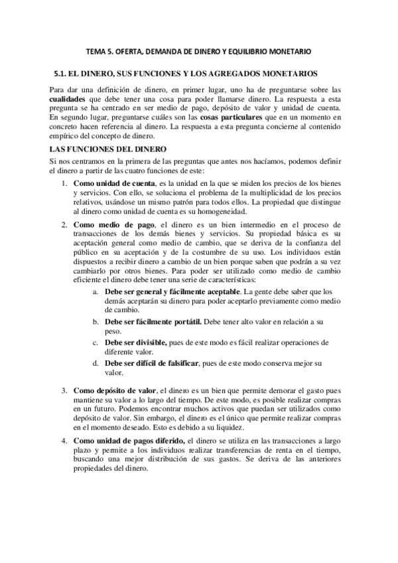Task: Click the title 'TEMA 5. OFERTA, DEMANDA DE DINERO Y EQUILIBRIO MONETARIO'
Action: click(x=199, y=51)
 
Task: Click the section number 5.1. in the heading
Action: click(x=62, y=72)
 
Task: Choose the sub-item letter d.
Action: click(x=96, y=364)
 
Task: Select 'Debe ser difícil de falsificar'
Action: click(x=157, y=364)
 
